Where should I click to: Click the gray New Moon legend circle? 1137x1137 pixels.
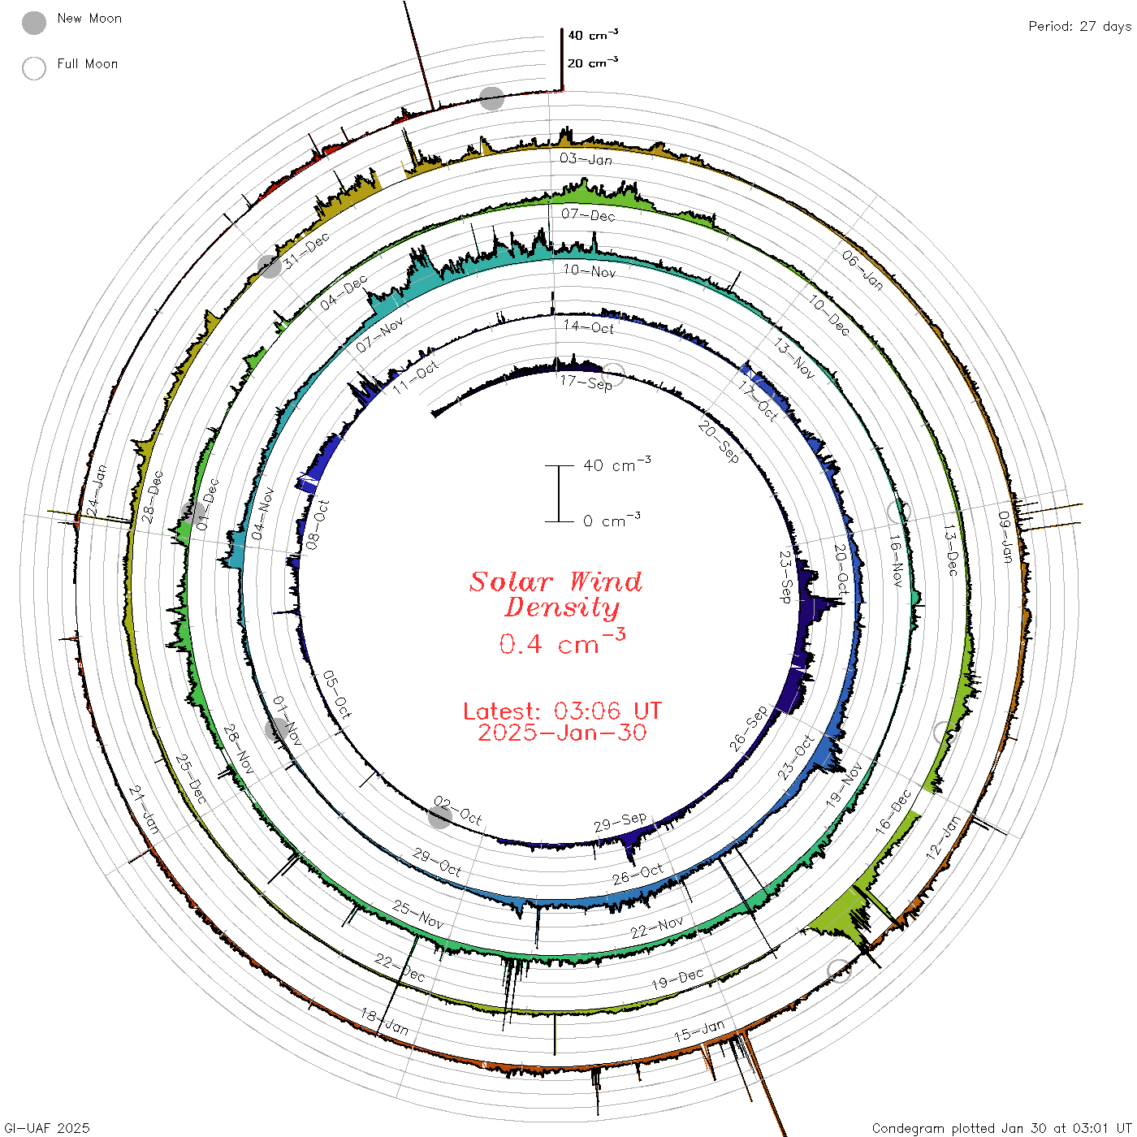click(x=34, y=23)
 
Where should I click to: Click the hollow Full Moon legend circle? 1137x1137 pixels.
click(x=34, y=68)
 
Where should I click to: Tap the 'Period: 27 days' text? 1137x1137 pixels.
click(x=1080, y=27)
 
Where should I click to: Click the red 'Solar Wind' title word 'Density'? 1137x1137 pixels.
click(x=562, y=607)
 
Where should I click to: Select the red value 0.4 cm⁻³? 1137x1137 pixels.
click(x=562, y=642)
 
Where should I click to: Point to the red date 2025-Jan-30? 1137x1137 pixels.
click(x=562, y=733)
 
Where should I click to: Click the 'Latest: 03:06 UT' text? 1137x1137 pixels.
click(x=562, y=711)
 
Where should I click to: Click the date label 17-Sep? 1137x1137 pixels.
click(x=586, y=383)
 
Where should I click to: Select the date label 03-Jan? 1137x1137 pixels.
click(x=586, y=159)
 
